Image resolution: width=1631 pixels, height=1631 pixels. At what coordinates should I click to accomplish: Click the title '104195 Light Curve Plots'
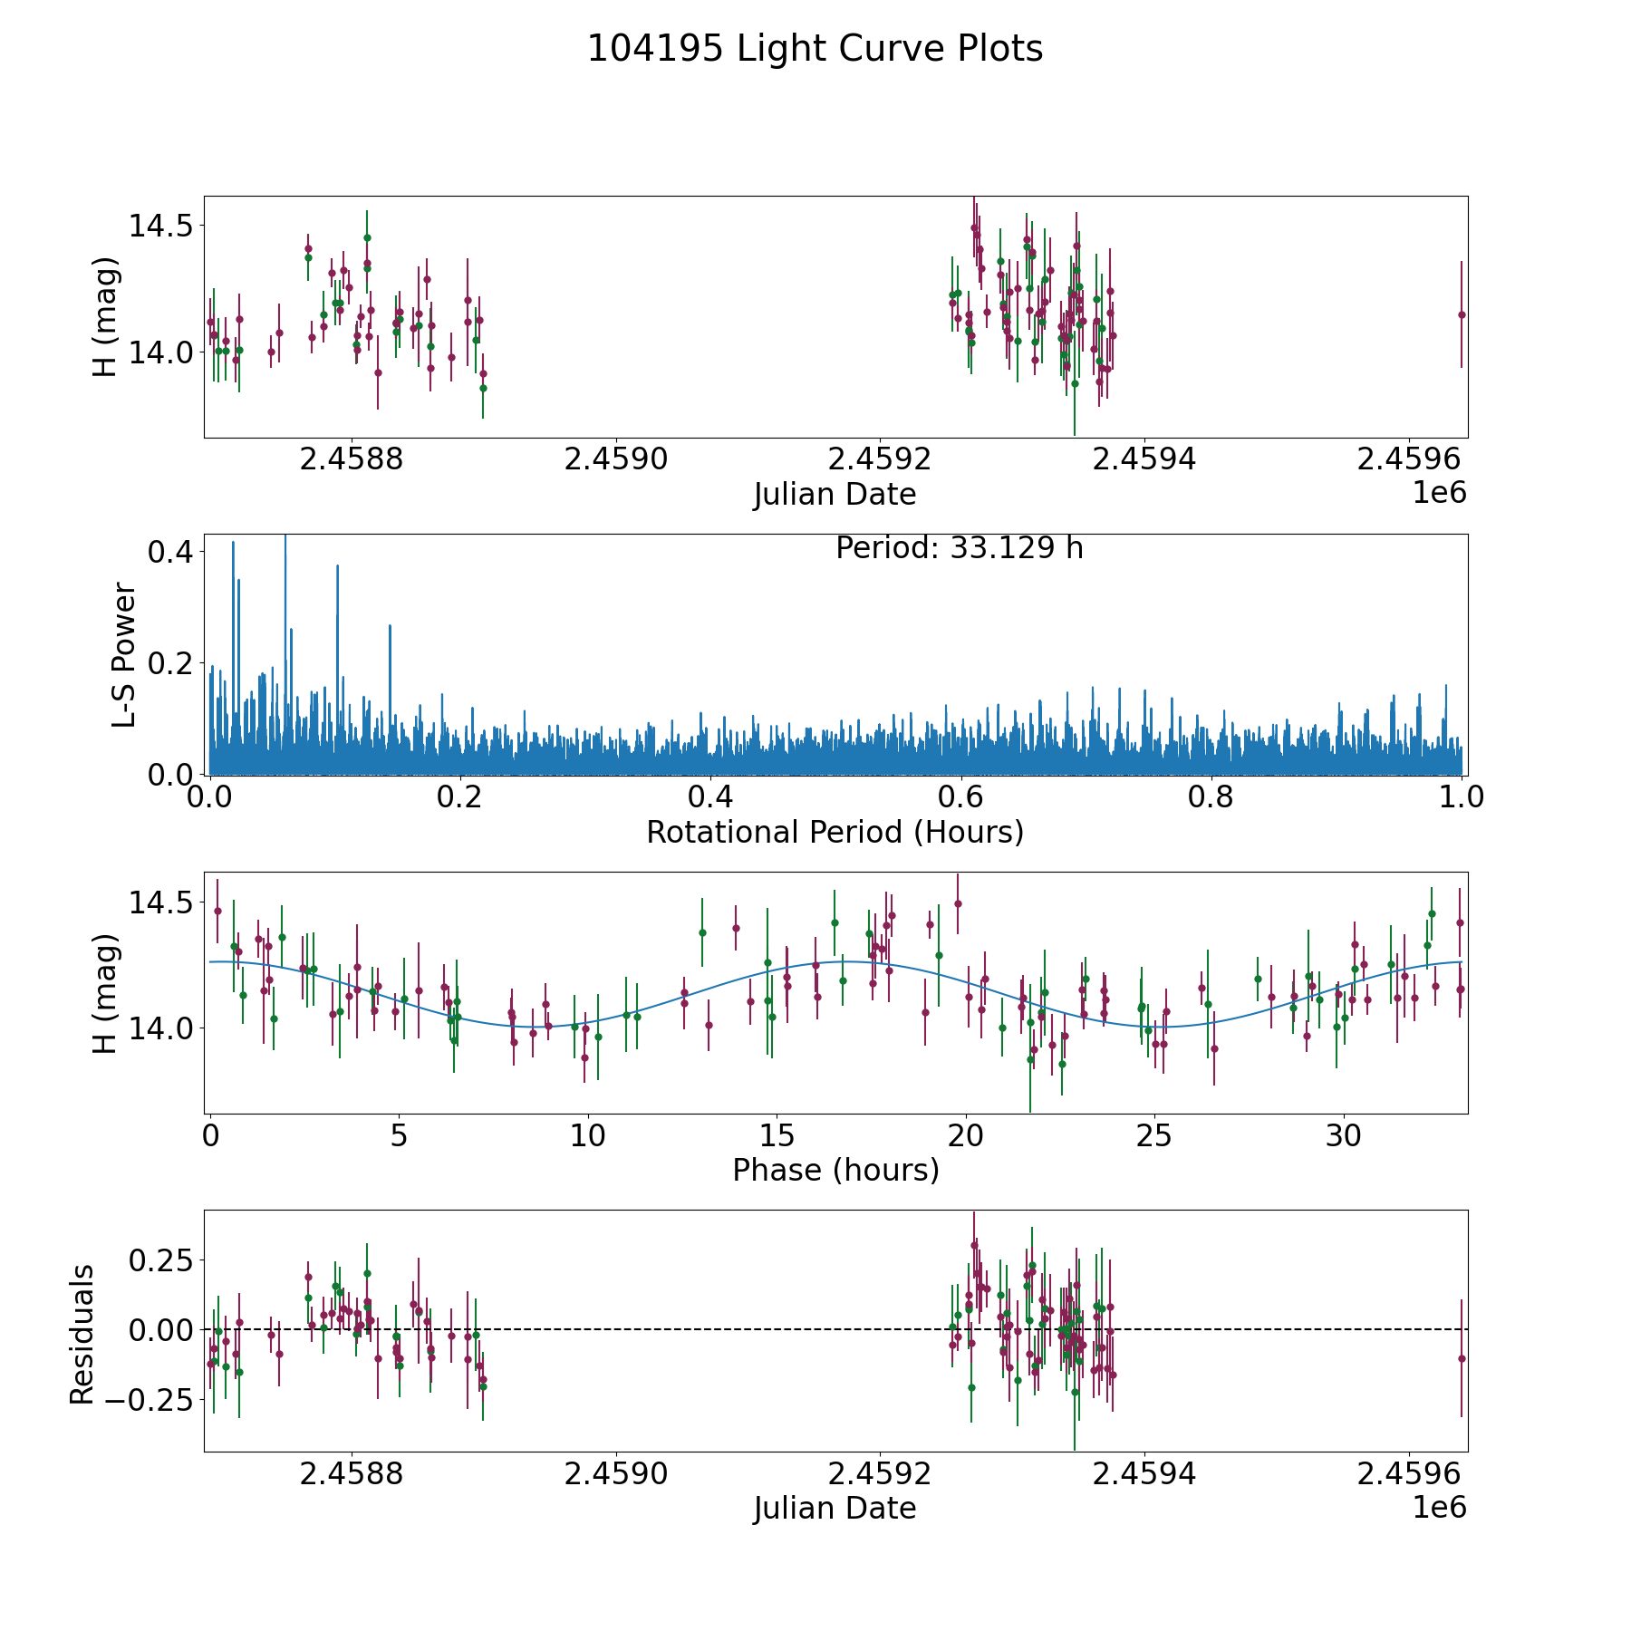point(815,49)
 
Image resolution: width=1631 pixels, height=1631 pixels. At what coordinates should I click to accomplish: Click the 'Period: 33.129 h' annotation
point(959,548)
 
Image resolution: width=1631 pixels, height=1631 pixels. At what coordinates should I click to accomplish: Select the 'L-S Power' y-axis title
point(125,655)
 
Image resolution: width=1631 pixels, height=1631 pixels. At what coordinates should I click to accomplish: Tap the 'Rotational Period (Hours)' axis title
point(835,832)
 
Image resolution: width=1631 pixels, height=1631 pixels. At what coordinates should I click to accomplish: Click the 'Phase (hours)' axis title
point(835,1170)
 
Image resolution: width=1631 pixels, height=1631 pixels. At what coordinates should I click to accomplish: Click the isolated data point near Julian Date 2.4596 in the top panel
point(1461,314)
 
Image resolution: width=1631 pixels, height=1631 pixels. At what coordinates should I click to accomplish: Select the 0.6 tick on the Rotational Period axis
point(960,797)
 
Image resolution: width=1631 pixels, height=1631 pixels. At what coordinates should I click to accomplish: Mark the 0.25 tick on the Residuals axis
point(150,1260)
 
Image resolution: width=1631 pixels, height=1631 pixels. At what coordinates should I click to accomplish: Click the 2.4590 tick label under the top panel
point(615,459)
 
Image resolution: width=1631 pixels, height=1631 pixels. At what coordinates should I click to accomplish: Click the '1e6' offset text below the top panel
point(1440,493)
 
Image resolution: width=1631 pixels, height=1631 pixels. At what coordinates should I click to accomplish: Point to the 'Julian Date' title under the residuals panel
point(835,1509)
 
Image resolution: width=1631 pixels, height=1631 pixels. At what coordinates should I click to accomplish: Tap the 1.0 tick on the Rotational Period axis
point(1462,797)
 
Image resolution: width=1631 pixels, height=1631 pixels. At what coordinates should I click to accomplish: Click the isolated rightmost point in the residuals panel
point(1461,1358)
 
